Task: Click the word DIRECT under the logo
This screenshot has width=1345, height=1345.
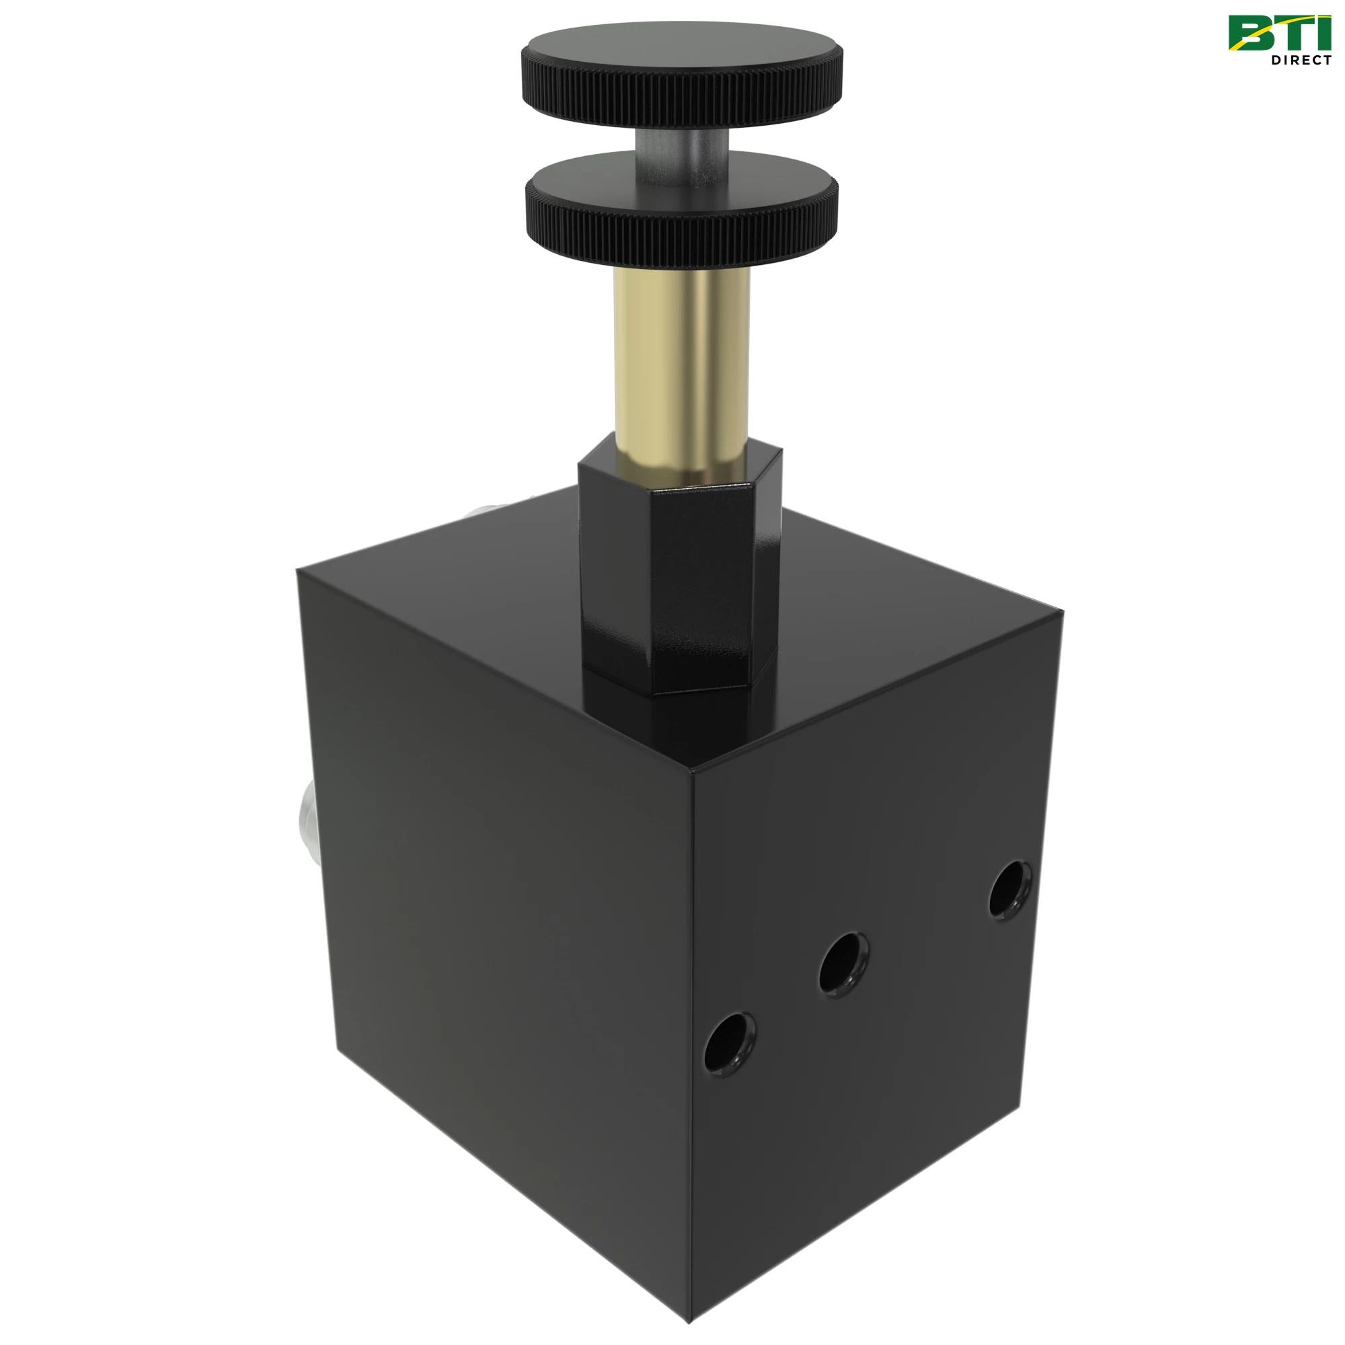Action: [1301, 60]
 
